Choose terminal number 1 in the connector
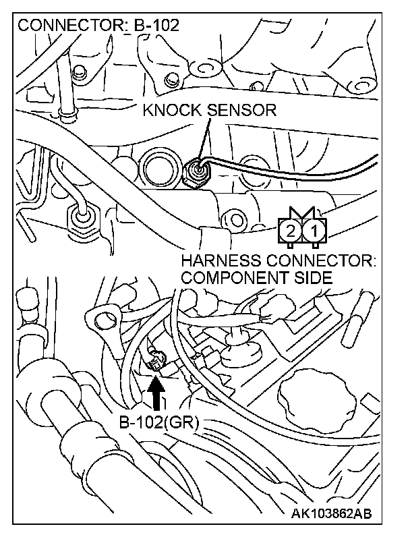click(x=313, y=231)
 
